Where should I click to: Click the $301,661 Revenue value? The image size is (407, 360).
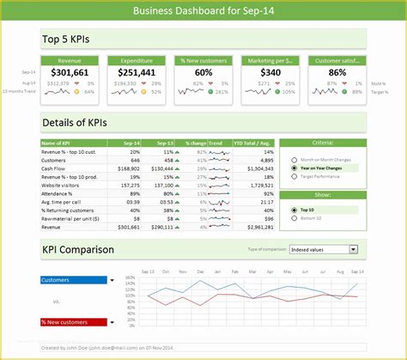click(x=70, y=73)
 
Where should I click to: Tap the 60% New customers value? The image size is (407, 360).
click(x=203, y=73)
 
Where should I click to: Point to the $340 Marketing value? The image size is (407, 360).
click(x=270, y=73)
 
